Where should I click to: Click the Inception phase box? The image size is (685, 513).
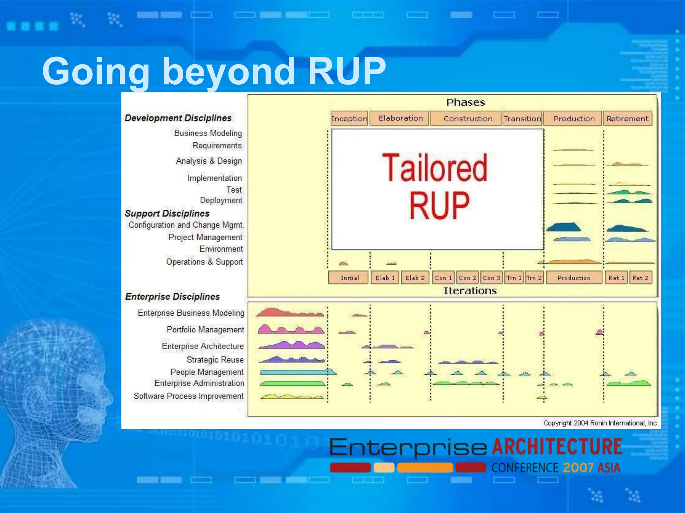pyautogui.click(x=349, y=119)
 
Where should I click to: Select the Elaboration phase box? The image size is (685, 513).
pyautogui.click(x=400, y=118)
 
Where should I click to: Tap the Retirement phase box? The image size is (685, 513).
pyautogui.click(x=627, y=119)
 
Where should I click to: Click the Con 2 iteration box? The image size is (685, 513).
pyautogui.click(x=467, y=278)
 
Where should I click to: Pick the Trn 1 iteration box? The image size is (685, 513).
pyautogui.click(x=514, y=278)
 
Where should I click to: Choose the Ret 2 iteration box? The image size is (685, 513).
pyautogui.click(x=640, y=278)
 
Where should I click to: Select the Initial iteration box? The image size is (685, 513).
pyautogui.click(x=349, y=278)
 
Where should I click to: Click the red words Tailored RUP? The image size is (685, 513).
pyautogui.click(x=435, y=185)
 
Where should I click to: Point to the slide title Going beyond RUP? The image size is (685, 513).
pyautogui.click(x=214, y=71)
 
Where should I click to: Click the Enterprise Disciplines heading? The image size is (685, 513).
pyautogui.click(x=172, y=297)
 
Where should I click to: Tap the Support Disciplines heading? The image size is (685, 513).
pyautogui.click(x=167, y=213)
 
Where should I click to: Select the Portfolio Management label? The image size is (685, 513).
pyautogui.click(x=205, y=330)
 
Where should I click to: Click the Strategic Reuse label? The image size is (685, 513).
pyautogui.click(x=215, y=360)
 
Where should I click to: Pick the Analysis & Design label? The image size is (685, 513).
pyautogui.click(x=209, y=161)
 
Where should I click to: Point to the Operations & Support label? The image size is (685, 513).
pyautogui.click(x=204, y=262)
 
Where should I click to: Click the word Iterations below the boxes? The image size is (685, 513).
pyautogui.click(x=470, y=291)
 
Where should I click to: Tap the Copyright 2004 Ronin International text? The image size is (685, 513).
pyautogui.click(x=600, y=423)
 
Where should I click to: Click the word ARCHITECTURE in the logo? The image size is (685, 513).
pyautogui.click(x=557, y=447)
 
